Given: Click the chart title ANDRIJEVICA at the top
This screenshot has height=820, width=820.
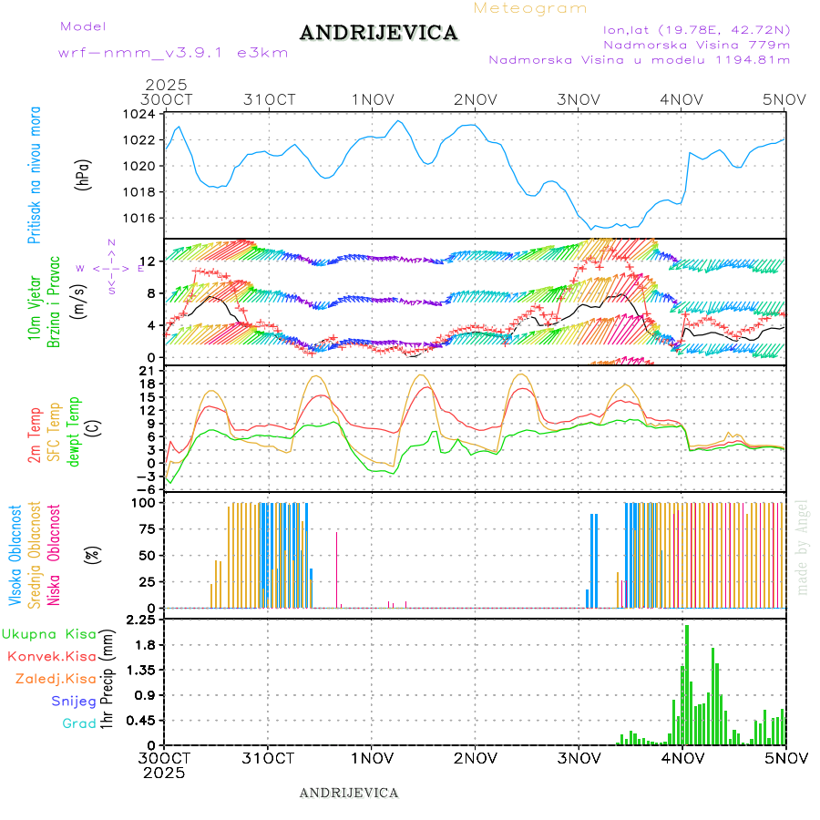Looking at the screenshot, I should [378, 34].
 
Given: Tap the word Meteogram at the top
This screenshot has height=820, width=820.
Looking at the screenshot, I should [530, 8].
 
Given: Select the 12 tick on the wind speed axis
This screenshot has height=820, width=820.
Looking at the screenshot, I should [147, 262].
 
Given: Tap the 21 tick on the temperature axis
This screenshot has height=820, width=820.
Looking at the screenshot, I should [147, 371].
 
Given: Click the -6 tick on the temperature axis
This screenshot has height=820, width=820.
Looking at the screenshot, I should [145, 489].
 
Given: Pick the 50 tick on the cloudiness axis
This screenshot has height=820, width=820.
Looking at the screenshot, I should [145, 556].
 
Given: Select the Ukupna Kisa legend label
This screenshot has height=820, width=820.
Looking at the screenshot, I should [49, 634].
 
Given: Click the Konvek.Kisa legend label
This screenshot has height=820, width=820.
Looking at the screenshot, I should [51, 656].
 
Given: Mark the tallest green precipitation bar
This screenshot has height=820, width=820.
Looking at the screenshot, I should [687, 683].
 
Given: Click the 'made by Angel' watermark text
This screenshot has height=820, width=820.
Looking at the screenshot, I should [803, 546].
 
